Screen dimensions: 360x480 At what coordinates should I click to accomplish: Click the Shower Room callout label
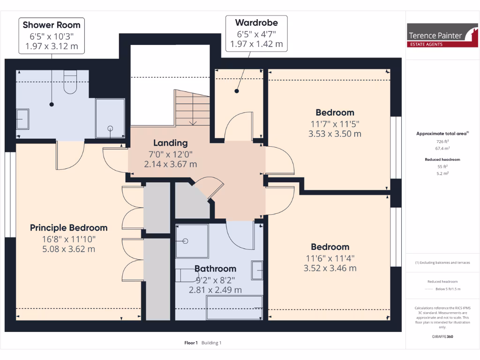52,25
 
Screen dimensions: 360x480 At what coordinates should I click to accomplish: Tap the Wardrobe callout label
256,22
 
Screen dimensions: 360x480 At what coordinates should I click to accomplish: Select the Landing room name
170,143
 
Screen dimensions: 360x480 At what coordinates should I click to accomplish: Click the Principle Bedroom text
69,228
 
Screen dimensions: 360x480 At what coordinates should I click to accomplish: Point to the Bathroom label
215,269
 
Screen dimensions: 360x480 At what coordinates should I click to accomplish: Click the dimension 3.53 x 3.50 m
335,134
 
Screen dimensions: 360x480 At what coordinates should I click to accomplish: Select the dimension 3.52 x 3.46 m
330,268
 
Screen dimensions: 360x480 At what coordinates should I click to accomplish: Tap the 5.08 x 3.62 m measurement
69,249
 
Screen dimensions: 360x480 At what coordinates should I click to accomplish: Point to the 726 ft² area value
442,142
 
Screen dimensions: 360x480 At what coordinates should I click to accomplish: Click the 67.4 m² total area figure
442,148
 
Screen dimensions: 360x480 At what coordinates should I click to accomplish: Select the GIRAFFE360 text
442,337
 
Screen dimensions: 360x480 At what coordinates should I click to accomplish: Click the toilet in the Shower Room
69,82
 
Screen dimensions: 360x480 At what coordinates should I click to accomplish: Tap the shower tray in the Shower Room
110,118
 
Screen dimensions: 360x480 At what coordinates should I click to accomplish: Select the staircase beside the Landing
193,108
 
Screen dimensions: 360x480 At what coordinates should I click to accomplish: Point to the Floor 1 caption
191,343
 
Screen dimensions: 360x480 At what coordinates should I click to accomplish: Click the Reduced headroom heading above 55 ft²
442,159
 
